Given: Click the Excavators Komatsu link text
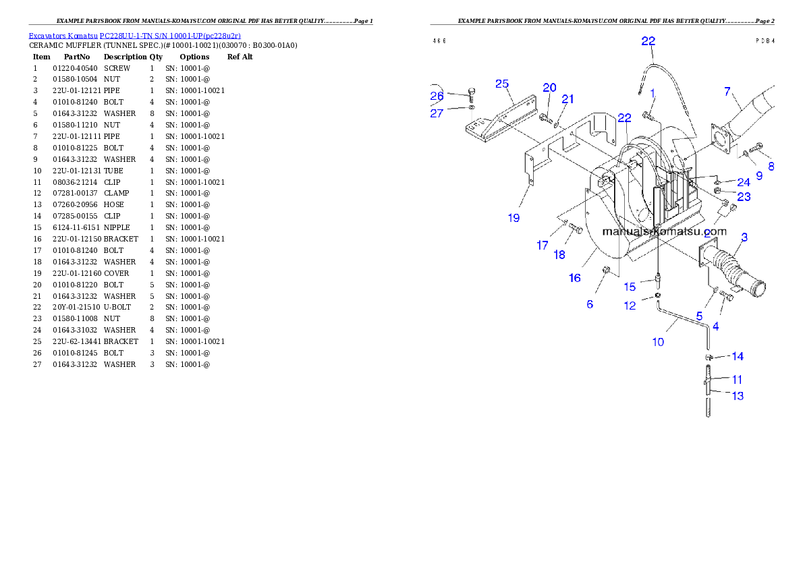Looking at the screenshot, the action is [134, 36].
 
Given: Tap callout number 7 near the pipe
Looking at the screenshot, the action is [727, 92].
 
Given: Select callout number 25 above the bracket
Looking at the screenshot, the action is [501, 84].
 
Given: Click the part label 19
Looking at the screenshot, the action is [514, 217].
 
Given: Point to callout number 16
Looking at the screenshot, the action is [574, 278].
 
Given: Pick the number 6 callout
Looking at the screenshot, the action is [590, 304].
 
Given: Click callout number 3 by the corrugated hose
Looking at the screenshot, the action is [744, 237].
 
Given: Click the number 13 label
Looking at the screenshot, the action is [738, 396].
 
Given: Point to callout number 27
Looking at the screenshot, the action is [437, 113].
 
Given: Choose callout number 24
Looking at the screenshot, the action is [743, 183].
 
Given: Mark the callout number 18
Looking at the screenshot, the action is [559, 255].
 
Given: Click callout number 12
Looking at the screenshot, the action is [629, 306].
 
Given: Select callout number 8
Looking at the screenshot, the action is [770, 165].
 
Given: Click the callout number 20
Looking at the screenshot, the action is [549, 88].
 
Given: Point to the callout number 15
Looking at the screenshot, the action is [629, 287].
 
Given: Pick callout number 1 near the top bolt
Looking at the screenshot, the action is [653, 92].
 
